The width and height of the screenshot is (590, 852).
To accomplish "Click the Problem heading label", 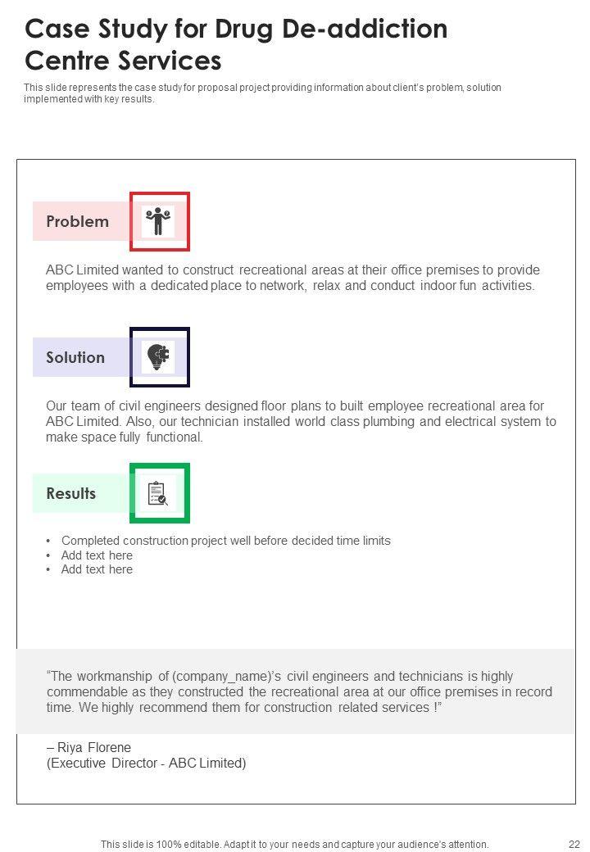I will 77,221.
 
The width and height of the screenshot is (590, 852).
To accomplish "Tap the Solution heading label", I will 75,357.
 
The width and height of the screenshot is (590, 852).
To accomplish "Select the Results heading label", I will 71,493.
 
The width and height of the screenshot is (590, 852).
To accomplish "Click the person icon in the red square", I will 159,221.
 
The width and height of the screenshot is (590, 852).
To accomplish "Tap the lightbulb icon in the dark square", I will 159,357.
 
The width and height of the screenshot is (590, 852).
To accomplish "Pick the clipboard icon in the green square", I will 158,493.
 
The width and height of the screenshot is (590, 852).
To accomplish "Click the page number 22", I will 574,844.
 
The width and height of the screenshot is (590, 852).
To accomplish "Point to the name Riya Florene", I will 93,747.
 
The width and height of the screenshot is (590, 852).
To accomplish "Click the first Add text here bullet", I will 97,555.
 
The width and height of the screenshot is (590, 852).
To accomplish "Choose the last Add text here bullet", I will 97,569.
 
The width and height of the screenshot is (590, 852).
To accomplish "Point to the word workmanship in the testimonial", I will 124,676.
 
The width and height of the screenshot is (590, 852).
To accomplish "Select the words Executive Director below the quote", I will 100,763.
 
